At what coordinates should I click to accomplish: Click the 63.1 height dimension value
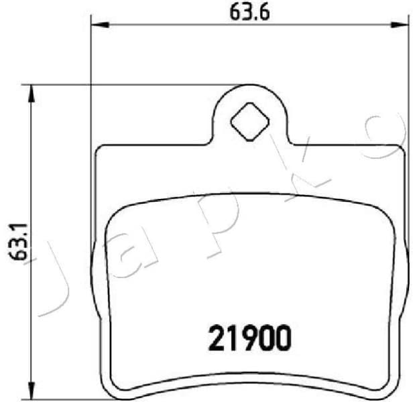pos(18,242)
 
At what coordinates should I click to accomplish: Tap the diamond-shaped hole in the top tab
pos(249,121)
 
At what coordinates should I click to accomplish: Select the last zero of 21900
pos(282,338)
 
